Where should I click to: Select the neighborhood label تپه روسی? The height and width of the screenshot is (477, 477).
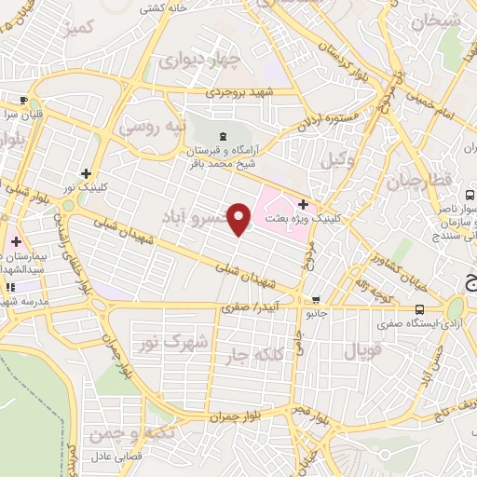155,125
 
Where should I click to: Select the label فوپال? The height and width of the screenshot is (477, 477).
363,350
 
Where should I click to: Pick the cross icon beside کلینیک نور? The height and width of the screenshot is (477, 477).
86,172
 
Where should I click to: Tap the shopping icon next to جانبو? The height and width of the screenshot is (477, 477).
318,301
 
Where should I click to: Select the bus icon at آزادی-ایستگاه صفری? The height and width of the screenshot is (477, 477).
419,309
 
